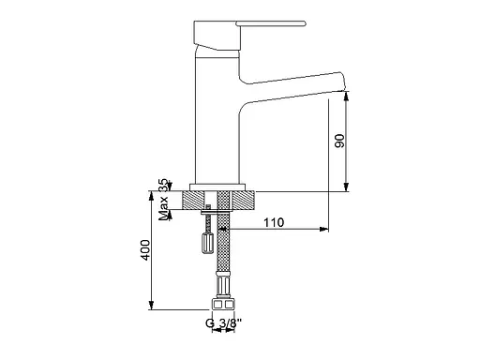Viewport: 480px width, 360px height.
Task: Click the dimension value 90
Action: pos(339,141)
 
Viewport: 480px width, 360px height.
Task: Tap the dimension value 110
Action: pos(274,222)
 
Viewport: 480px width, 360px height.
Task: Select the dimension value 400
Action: pos(145,250)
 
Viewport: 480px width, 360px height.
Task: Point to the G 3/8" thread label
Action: pos(224,322)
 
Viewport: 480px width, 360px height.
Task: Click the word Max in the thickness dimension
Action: pos(163,208)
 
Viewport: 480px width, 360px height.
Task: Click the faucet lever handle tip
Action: pos(304,23)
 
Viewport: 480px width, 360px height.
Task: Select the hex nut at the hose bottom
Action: pos(223,304)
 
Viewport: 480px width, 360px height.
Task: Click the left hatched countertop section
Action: pos(193,200)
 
